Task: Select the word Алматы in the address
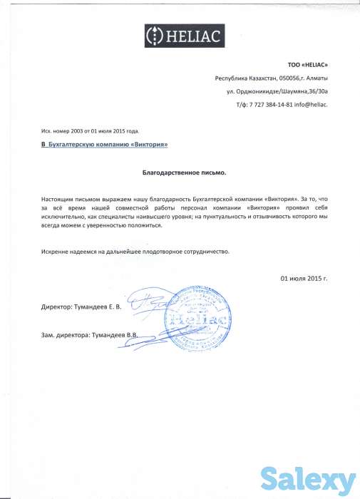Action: (315, 78)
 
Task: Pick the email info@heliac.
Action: (312, 104)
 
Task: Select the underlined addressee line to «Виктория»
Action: (104, 145)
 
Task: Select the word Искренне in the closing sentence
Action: (54, 252)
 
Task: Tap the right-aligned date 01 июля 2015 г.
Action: (304, 278)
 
